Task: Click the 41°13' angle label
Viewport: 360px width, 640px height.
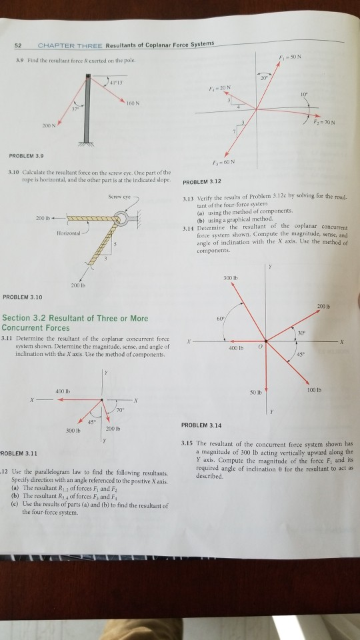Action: pos(125,83)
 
